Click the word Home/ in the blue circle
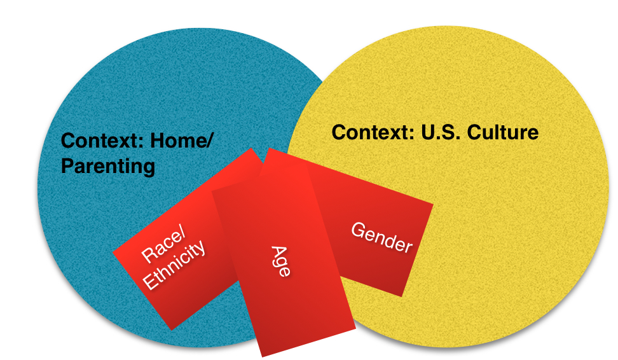(x=182, y=141)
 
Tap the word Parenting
(x=108, y=167)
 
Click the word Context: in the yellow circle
(x=373, y=132)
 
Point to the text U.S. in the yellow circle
(x=441, y=132)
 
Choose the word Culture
(x=503, y=132)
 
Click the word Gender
(x=381, y=237)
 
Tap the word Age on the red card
(x=281, y=261)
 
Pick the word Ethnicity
(x=174, y=265)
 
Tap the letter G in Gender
(x=358, y=230)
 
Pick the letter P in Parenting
(x=67, y=165)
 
